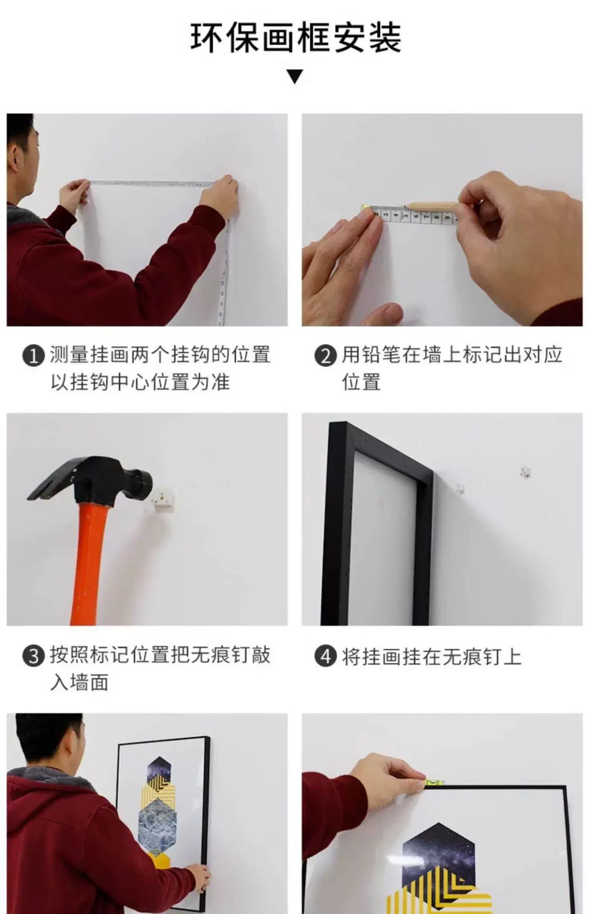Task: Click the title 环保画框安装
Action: (295, 37)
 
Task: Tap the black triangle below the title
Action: (295, 77)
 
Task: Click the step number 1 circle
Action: (33, 356)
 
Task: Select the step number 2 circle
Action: (325, 356)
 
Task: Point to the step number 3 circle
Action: (33, 656)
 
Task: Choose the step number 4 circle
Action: (325, 656)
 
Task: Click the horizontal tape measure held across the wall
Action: (151, 183)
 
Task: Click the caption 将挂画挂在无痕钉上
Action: (432, 656)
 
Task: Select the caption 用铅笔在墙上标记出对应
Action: (452, 355)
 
